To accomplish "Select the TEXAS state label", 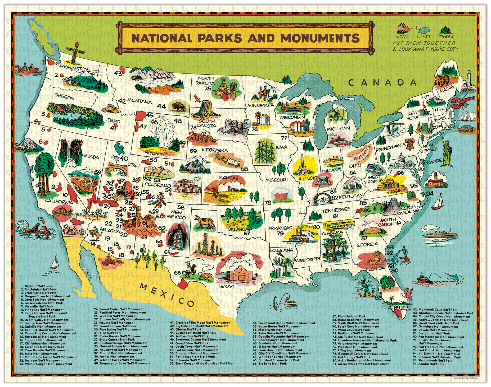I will tap(226, 286).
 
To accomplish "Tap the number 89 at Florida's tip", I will tap(397, 307).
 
